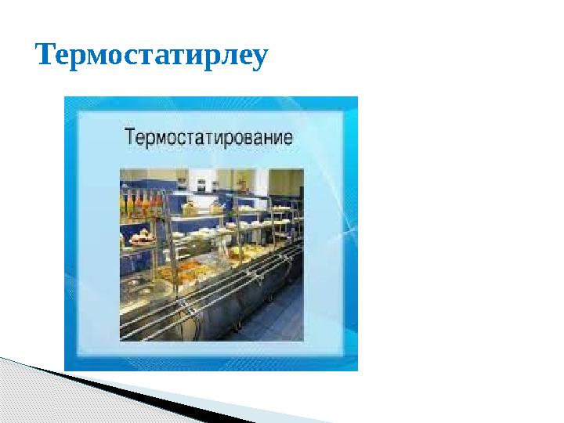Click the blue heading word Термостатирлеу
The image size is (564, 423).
point(152,56)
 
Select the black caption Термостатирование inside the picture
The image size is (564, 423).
point(209,139)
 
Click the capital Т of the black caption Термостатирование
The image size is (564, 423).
point(132,139)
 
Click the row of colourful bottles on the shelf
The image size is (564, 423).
point(141,206)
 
